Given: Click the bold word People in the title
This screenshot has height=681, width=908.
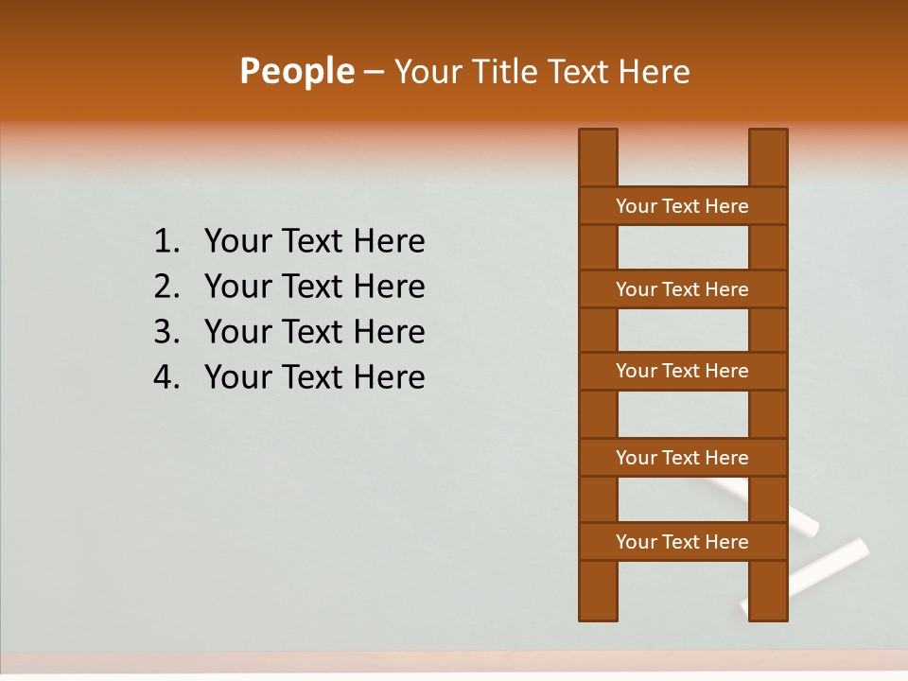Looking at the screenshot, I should coord(296,71).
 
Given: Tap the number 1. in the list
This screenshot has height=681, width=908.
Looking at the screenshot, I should coord(166,242).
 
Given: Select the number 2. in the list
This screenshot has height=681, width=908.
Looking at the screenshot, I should coord(166,287).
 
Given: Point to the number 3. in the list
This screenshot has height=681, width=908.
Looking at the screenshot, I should coord(166,332).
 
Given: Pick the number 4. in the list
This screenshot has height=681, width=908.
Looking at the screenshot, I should coord(166,377).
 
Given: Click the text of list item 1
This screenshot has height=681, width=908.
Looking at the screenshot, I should coord(314,242).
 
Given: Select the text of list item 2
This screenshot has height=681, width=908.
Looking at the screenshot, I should coord(314,287).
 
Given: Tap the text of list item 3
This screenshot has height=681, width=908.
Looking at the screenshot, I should coord(314,332).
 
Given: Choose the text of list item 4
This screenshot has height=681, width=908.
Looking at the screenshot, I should coord(314,377).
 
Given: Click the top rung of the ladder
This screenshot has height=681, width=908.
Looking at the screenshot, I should coord(682,206).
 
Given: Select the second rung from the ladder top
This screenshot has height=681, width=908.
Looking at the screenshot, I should coord(682,289).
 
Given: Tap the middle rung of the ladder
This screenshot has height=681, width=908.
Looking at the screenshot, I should coord(682,371).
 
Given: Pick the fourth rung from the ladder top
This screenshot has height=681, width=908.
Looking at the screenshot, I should coord(682,458).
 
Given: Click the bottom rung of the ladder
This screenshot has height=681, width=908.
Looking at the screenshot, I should coord(682,542).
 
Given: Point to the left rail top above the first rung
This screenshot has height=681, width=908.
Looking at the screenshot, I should coord(598,157).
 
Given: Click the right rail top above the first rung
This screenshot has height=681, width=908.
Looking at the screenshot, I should coord(768,157).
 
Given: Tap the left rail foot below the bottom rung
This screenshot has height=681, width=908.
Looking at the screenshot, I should coord(598,590).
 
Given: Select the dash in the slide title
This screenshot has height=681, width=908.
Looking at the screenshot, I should coord(374,73).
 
